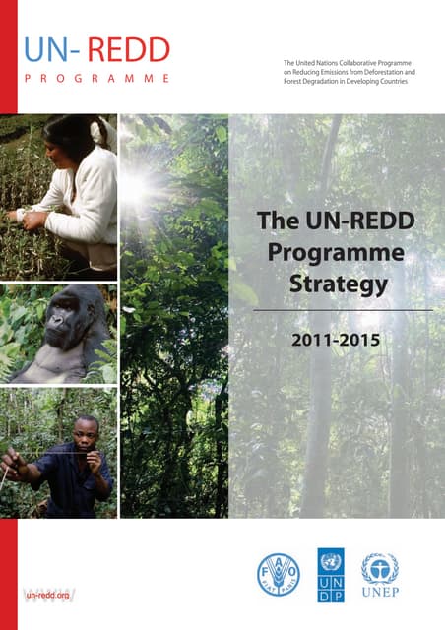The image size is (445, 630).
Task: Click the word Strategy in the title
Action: [335, 286]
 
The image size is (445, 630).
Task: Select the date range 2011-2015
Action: [335, 345]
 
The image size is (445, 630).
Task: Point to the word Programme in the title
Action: [335, 253]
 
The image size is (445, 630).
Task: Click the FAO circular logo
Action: [278, 573]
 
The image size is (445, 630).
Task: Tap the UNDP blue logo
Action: [332, 573]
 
